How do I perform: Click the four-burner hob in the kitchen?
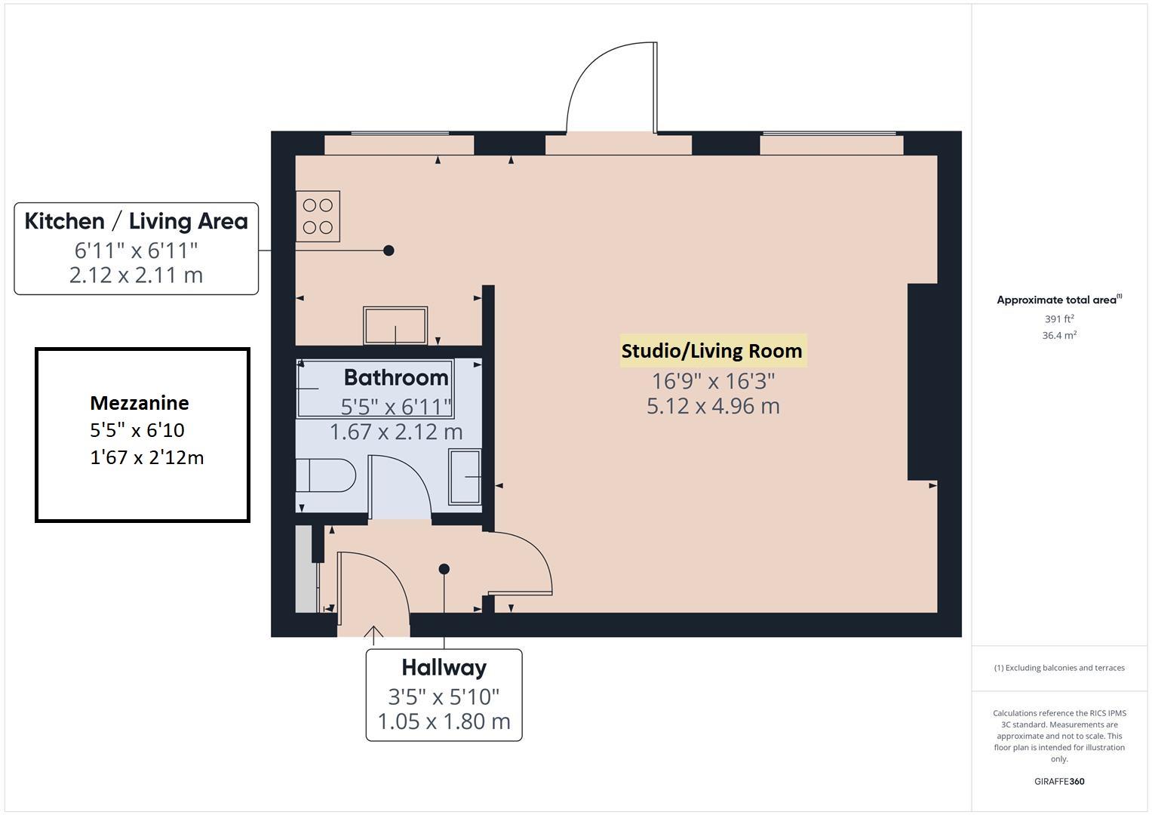318,216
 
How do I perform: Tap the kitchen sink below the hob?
395,326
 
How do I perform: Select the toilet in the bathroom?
326,475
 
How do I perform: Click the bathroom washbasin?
465,476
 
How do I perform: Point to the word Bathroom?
396,377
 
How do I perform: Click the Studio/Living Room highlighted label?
711,351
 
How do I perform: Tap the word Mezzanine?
140,403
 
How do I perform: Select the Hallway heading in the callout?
444,668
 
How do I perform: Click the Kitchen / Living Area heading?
137,221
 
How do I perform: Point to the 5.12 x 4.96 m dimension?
713,407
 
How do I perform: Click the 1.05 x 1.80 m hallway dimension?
444,721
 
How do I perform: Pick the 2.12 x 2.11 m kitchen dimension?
137,275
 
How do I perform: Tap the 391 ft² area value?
1059,318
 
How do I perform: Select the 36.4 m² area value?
1059,335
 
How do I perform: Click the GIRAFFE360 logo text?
1059,781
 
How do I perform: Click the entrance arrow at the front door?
373,635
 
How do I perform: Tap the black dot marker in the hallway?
444,569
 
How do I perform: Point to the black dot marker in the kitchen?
389,251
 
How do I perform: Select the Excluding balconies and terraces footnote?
1059,668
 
